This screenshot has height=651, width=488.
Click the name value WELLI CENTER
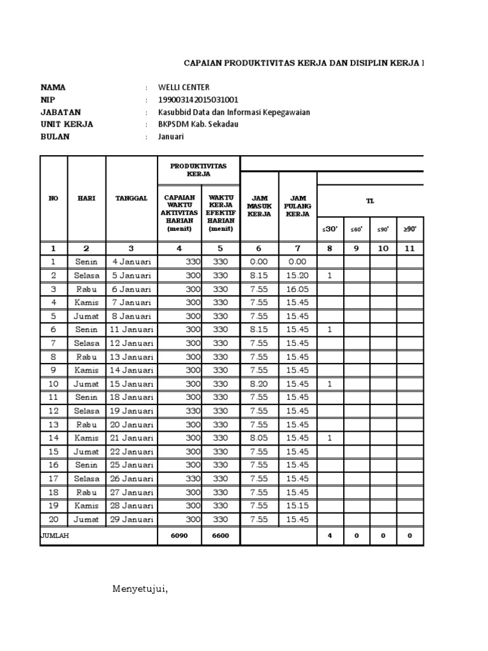click(184, 87)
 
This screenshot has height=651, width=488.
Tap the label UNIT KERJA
click(67, 124)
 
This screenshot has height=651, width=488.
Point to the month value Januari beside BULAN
click(172, 137)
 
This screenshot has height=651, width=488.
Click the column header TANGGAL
click(131, 198)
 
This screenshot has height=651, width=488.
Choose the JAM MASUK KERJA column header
click(259, 206)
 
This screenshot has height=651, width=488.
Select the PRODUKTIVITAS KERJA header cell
click(198, 170)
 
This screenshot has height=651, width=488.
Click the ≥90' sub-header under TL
click(410, 229)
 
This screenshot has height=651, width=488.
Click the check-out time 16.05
click(297, 289)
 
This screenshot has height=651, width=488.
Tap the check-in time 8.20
click(259, 384)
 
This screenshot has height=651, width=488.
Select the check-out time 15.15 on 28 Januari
click(297, 505)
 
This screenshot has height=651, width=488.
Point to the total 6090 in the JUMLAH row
click(179, 536)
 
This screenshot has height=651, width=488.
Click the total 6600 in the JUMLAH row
click(220, 536)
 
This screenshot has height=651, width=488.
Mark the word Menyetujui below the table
click(140, 589)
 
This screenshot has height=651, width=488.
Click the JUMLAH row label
click(55, 536)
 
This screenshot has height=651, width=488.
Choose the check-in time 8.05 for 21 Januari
click(259, 438)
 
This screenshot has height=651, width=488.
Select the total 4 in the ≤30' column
click(330, 536)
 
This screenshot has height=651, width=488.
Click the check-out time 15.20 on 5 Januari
click(297, 275)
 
